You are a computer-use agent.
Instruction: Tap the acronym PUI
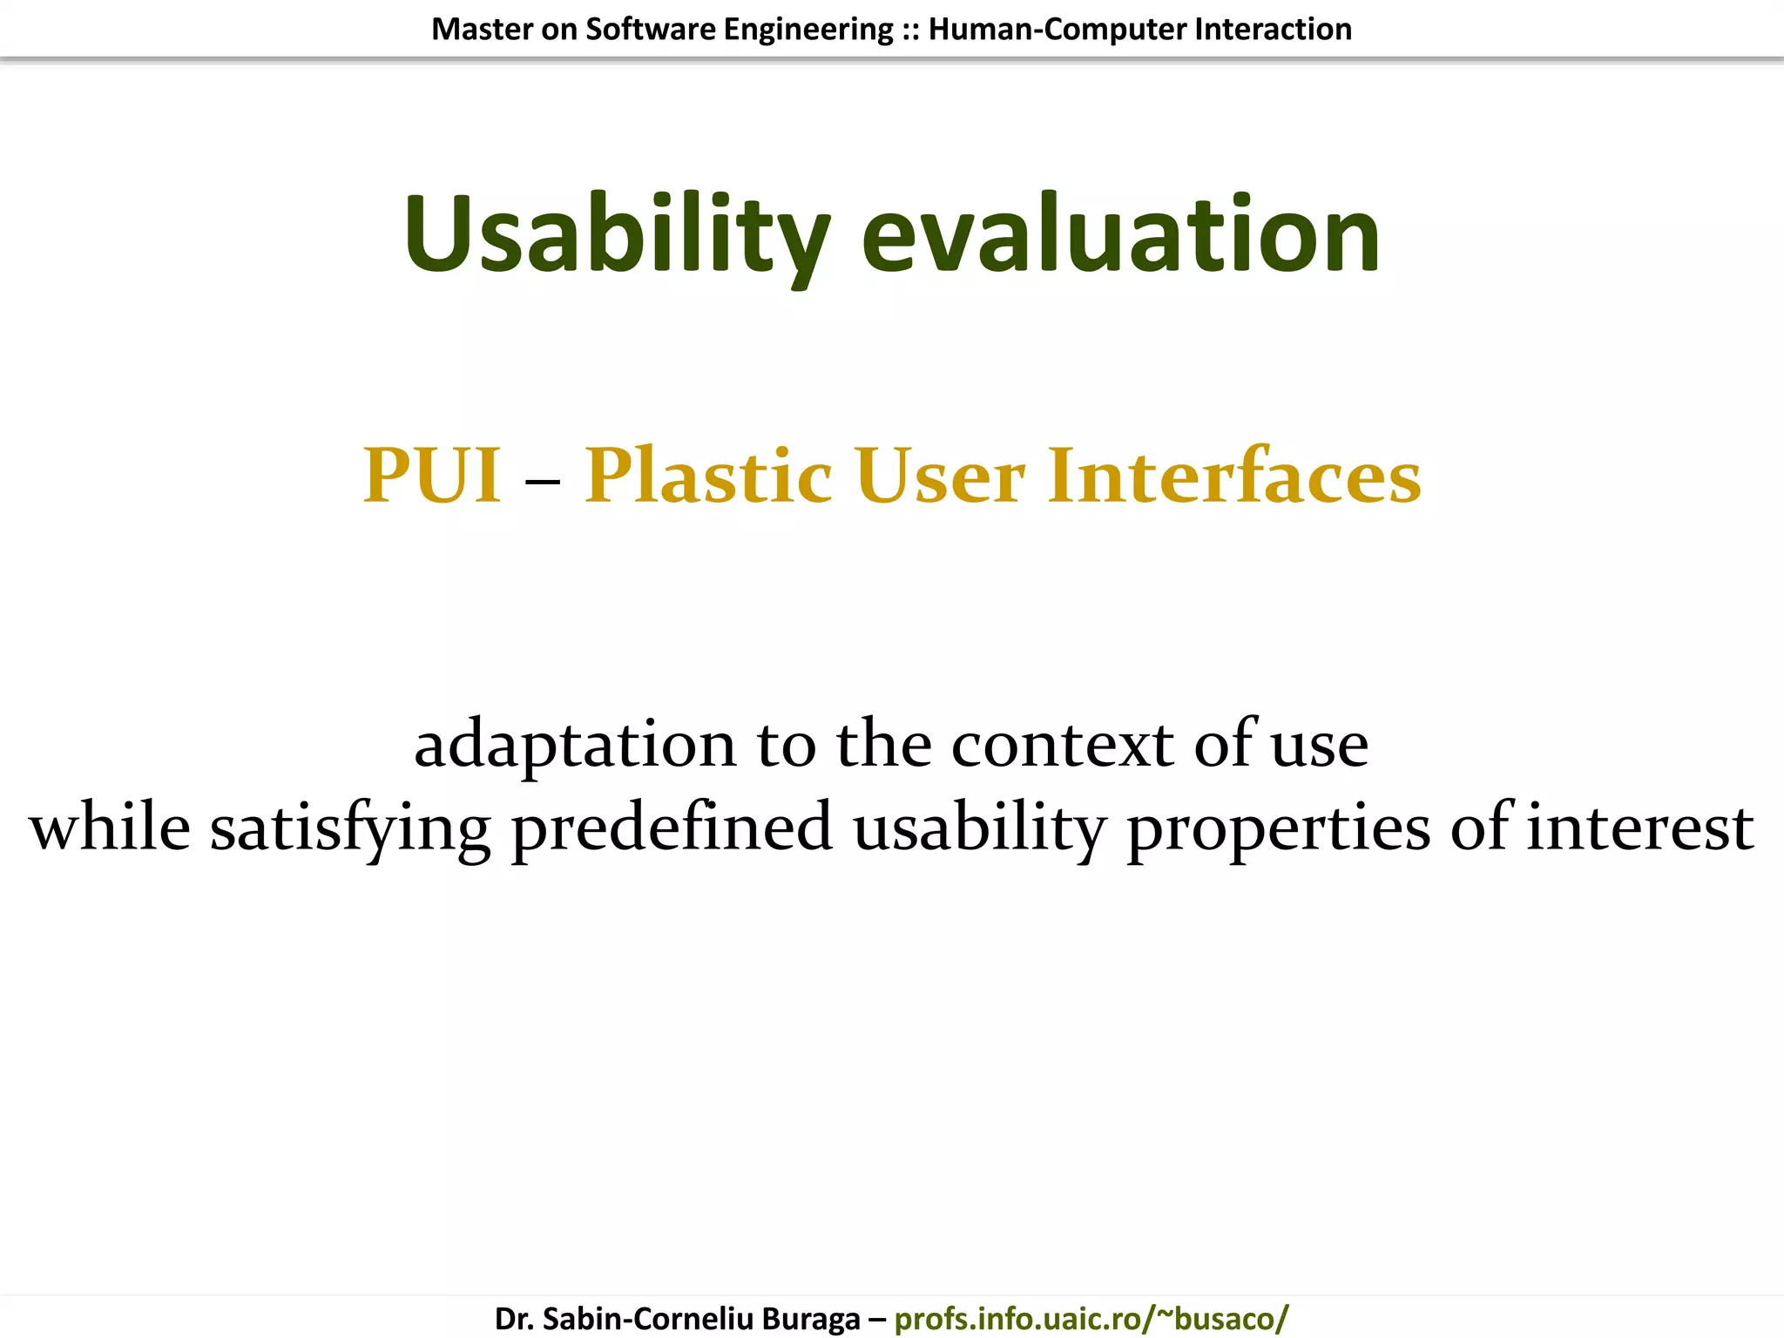click(x=432, y=476)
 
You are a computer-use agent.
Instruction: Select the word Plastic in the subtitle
click(x=708, y=476)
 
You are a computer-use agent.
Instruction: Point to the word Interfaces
click(x=1234, y=476)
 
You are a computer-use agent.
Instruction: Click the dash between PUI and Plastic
click(x=543, y=479)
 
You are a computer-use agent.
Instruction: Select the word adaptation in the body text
click(x=575, y=746)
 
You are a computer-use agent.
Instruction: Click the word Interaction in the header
click(x=1273, y=30)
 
